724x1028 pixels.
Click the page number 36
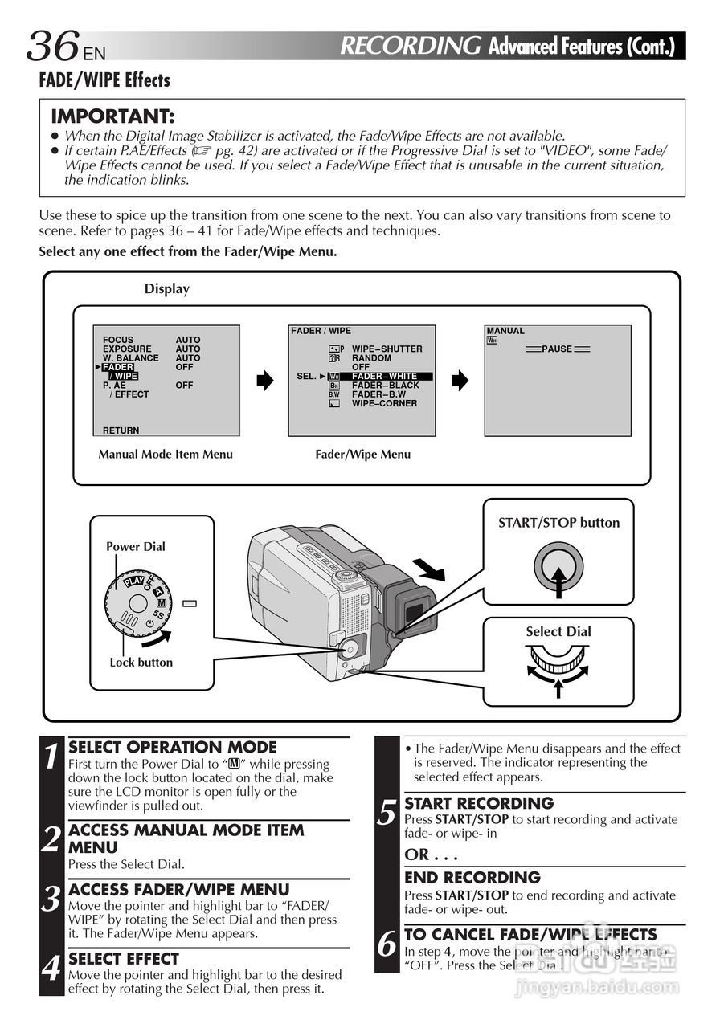[54, 46]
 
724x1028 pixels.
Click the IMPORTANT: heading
[112, 116]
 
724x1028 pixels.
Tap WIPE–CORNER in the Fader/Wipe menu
[384, 403]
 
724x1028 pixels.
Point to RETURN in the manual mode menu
[121, 430]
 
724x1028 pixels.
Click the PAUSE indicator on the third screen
[557, 349]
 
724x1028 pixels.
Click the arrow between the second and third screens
[460, 381]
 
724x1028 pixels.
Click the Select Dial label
[558, 631]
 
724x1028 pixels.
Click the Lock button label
[141, 663]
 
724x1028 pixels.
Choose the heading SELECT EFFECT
[124, 959]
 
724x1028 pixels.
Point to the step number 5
[387, 814]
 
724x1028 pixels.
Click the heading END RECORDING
[472, 878]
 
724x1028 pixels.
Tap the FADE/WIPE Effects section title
[104, 80]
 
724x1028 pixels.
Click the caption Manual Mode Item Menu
[166, 455]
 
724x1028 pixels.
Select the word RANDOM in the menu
[371, 358]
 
